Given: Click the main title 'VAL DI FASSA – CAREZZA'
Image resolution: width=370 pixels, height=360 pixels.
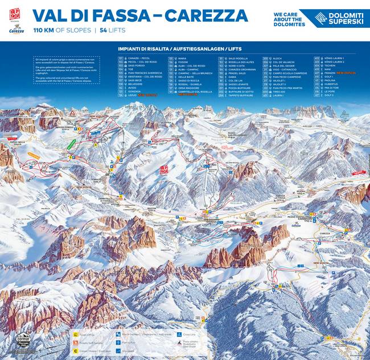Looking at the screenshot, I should point(140,15).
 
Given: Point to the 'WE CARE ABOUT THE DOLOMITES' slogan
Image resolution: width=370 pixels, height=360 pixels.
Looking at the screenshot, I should point(290,18).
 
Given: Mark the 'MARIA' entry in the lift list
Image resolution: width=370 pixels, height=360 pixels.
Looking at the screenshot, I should point(183,58).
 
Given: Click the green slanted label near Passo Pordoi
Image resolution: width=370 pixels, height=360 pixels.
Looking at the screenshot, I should point(71,144).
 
